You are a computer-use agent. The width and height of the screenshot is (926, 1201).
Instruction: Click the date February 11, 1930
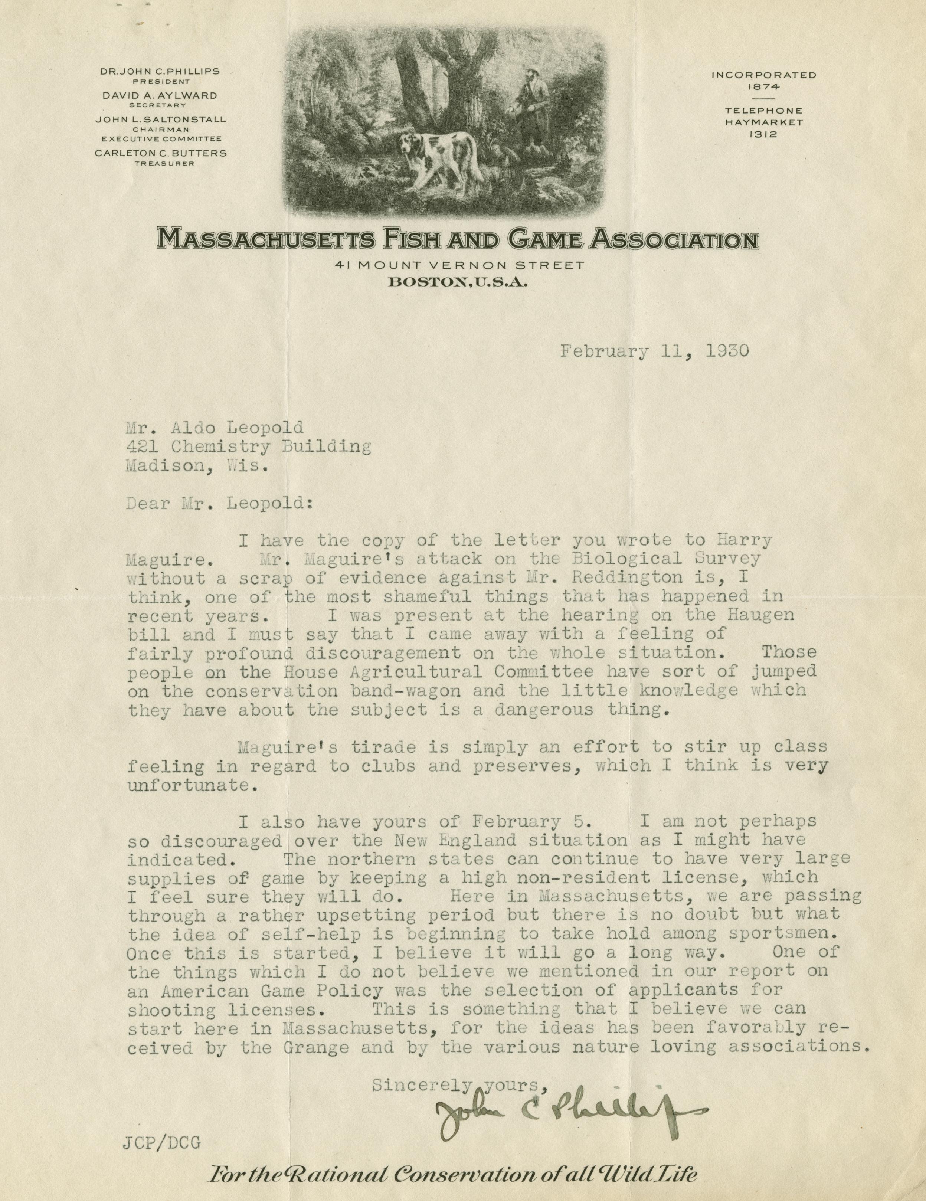pyautogui.click(x=654, y=351)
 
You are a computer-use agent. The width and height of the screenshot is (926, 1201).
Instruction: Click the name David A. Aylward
pyautogui.click(x=160, y=95)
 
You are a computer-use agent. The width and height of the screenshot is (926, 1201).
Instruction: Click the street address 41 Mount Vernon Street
pyautogui.click(x=462, y=266)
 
